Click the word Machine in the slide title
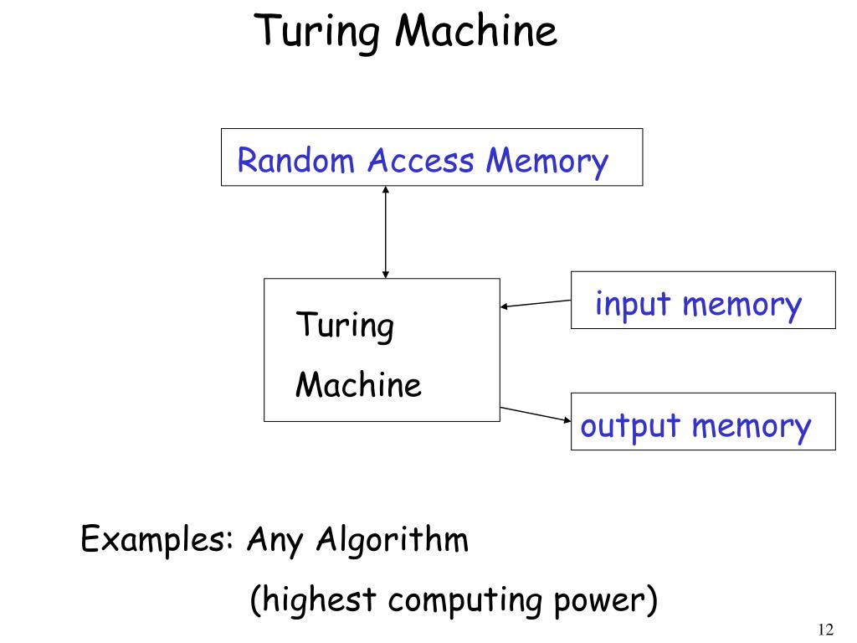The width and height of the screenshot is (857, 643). point(476,31)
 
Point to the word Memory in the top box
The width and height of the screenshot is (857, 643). point(546,161)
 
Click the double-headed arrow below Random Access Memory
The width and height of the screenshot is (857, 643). point(385,232)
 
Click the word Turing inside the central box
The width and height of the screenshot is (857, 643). point(344,326)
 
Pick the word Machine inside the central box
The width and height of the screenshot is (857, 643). point(359,385)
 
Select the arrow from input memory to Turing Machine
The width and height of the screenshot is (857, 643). point(536,303)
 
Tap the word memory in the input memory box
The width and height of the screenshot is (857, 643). point(742,305)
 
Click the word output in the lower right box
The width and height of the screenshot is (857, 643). point(630,426)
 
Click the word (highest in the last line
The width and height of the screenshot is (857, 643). point(314,601)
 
